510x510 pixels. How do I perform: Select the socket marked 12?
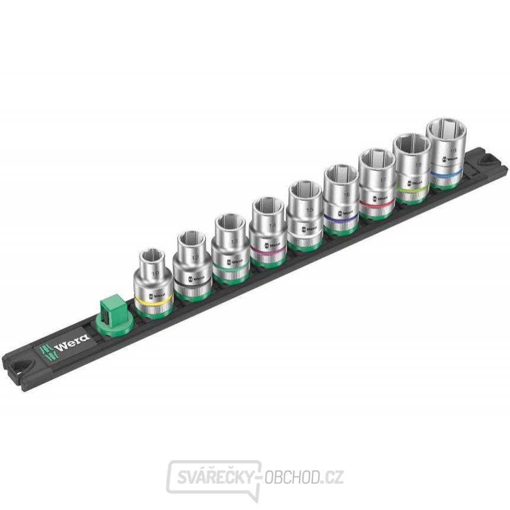click(192, 264)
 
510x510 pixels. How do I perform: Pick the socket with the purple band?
click(340, 199)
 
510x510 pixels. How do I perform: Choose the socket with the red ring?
click(376, 184)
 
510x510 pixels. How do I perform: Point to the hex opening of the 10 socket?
click(154, 259)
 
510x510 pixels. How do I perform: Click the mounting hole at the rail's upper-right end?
click(489, 160)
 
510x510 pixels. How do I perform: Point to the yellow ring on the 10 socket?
click(153, 298)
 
